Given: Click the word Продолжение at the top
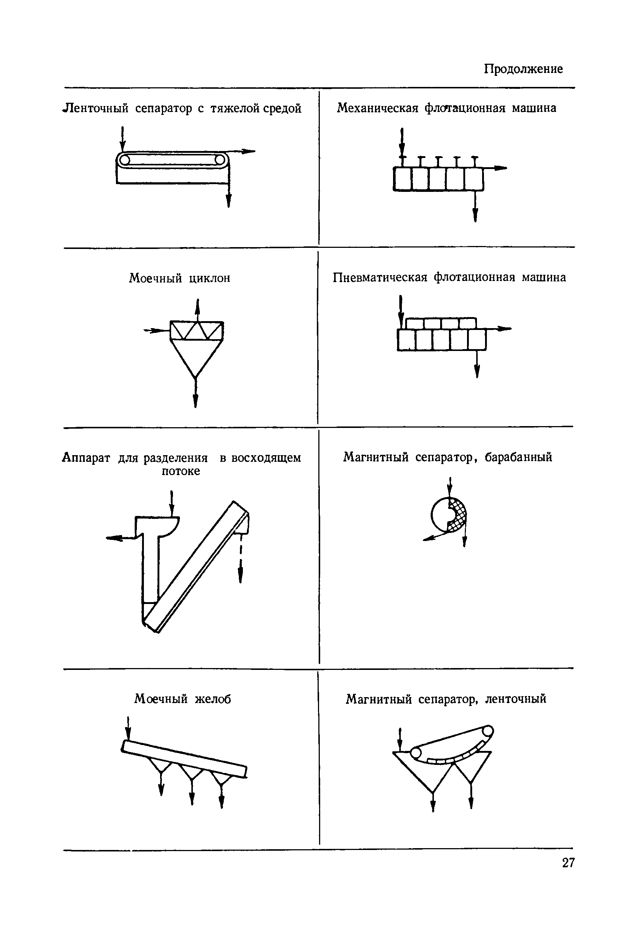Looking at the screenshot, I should tap(523, 69).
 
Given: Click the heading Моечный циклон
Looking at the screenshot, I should tap(179, 278).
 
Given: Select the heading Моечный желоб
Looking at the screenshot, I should tap(183, 699).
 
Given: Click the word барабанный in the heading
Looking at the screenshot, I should tap(518, 457).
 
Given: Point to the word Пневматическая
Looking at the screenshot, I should tap(380, 277).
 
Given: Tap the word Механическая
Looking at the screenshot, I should tap(377, 108).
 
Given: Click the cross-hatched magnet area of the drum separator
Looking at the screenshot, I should tap(458, 515).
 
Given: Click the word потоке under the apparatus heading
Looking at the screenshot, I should tap(180, 471).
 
